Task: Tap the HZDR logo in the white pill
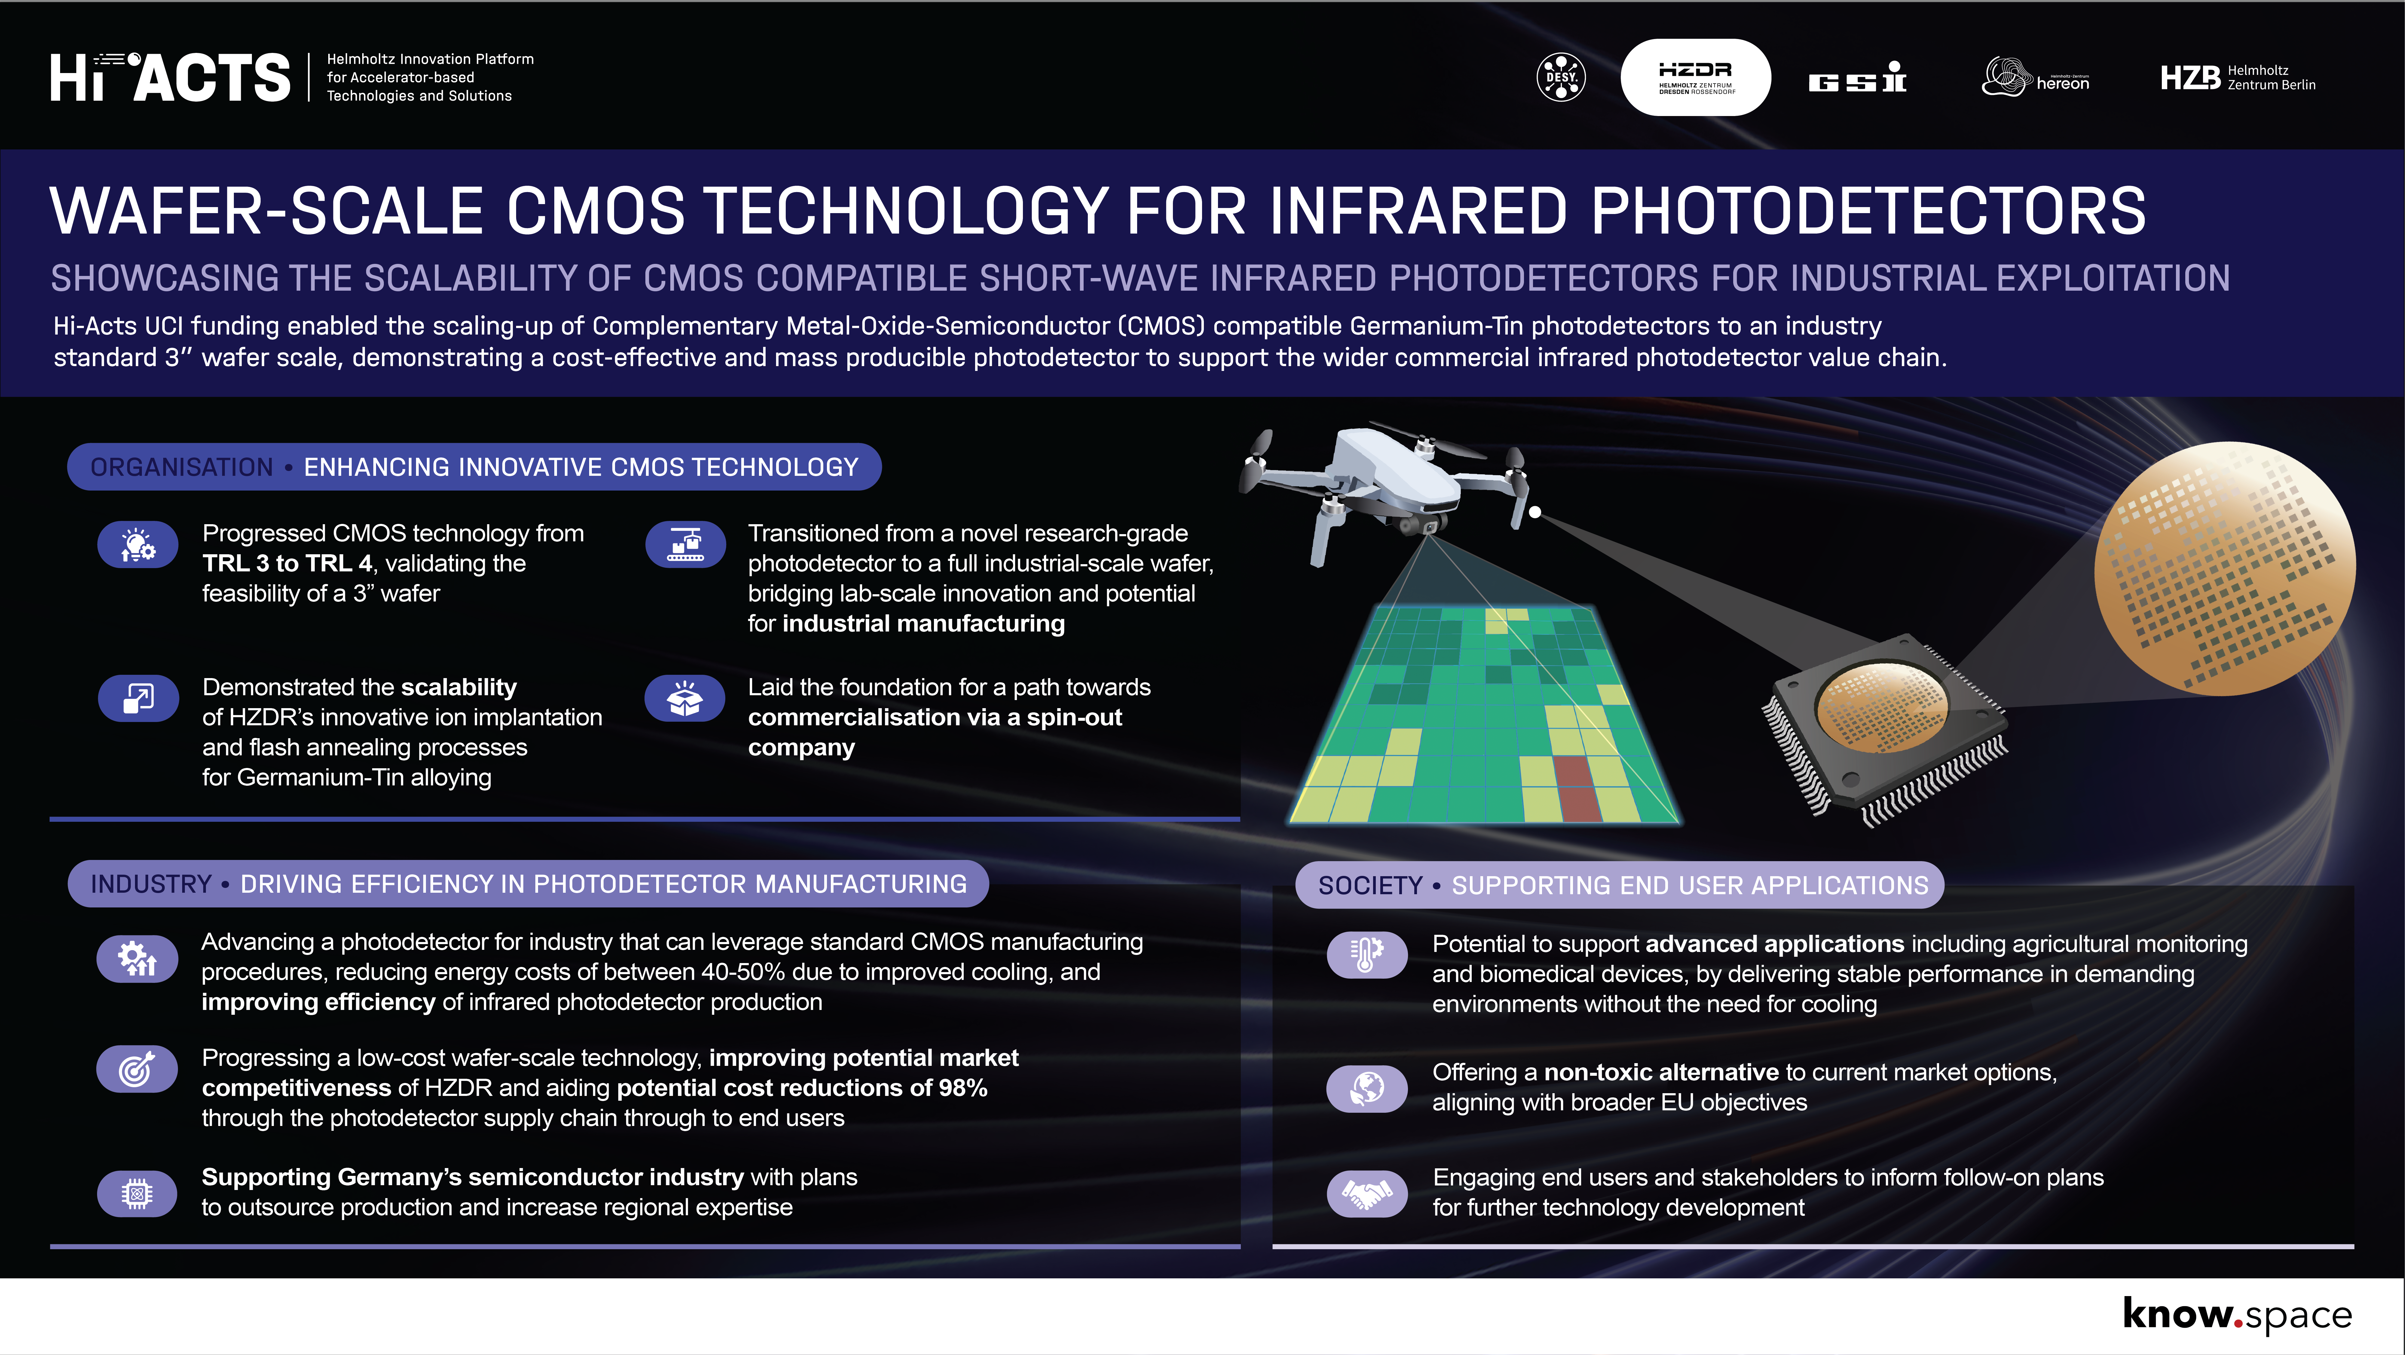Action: click(1695, 78)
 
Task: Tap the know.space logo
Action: click(2237, 1315)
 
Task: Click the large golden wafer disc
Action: click(2225, 568)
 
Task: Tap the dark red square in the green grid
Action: click(1577, 789)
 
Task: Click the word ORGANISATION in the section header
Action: click(182, 467)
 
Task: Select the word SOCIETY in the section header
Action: click(1369, 885)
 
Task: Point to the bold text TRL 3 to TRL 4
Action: click(288, 563)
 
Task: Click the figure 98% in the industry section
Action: click(963, 1088)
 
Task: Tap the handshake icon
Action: click(1367, 1192)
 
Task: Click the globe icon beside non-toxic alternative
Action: click(1367, 1088)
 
